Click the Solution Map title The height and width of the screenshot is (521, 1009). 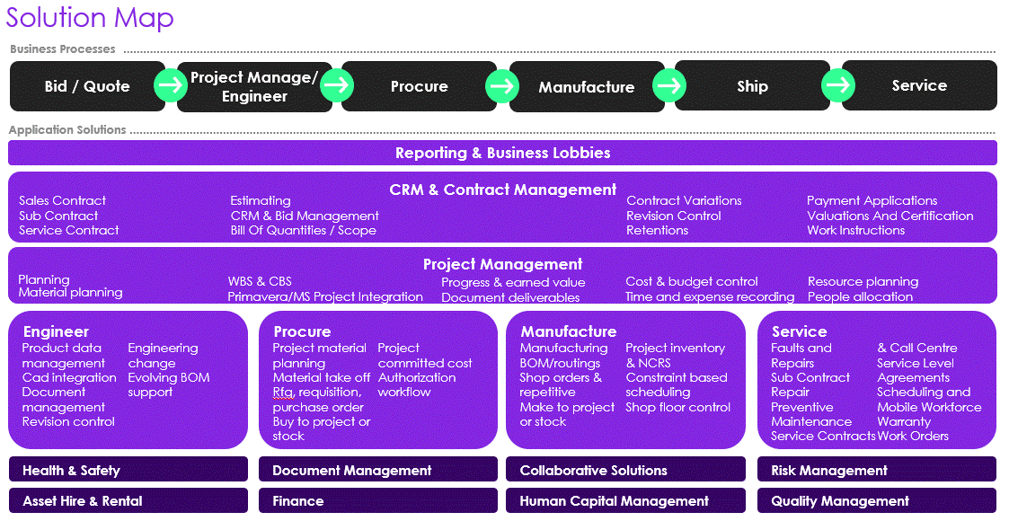pyautogui.click(x=91, y=18)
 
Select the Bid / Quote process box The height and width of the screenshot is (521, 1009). pyautogui.click(x=87, y=86)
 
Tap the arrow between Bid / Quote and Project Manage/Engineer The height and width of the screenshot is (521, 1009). pyautogui.click(x=170, y=86)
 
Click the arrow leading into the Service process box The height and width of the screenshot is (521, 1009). pyautogui.click(x=838, y=85)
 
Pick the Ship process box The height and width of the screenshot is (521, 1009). pyautogui.click(x=752, y=86)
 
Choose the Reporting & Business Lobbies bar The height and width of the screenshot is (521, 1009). pyautogui.click(x=502, y=153)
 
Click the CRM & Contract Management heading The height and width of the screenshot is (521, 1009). pyautogui.click(x=502, y=190)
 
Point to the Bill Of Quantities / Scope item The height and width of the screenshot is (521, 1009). pyautogui.click(x=303, y=231)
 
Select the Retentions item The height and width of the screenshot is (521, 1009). pyautogui.click(x=657, y=231)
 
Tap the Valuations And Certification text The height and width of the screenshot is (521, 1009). pyautogui.click(x=890, y=216)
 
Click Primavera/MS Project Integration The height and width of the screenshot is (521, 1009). pyautogui.click(x=324, y=296)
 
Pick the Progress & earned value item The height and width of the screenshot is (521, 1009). pyautogui.click(x=512, y=282)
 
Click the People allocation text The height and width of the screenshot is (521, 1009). pyautogui.click(x=859, y=296)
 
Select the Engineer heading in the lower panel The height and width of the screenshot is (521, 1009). pyautogui.click(x=56, y=331)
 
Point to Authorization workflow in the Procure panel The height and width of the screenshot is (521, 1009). pyautogui.click(x=416, y=384)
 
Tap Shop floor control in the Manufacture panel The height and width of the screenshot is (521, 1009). pyautogui.click(x=677, y=407)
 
